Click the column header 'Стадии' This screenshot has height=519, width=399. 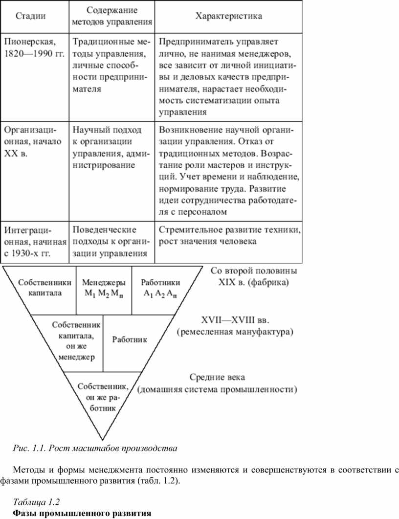30,16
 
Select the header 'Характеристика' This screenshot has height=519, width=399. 229,16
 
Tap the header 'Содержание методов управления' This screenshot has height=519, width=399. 112,16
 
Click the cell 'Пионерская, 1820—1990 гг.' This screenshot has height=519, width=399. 34,47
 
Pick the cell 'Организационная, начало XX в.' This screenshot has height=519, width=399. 33,142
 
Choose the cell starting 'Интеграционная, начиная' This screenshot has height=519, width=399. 35,242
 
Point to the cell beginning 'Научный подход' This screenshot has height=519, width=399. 111,147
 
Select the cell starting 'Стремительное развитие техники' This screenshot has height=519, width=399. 230,236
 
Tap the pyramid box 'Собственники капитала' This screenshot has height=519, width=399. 45,287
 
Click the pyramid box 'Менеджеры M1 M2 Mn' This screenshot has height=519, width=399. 104,288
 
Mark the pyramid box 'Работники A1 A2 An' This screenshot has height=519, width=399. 160,288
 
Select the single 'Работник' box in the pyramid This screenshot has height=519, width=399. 130,339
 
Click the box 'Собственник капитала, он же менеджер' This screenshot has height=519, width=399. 76,341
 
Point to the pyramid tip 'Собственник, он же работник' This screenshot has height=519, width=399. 103,397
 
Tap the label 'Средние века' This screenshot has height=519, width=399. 218,377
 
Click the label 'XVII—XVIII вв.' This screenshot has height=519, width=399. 235,320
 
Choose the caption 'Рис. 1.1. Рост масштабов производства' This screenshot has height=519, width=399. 95,448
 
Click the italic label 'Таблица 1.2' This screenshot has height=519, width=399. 36,502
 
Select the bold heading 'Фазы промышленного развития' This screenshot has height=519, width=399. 82,513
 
